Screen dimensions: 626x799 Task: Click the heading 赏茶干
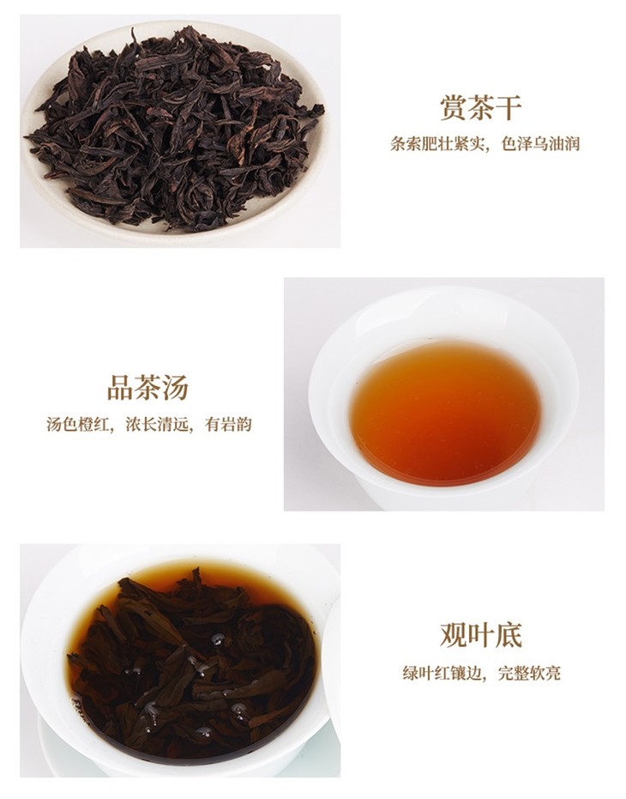(x=481, y=108)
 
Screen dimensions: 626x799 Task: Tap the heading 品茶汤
(x=147, y=387)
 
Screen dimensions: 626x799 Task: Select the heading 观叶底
(x=481, y=635)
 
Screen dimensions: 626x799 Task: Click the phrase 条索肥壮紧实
(x=436, y=144)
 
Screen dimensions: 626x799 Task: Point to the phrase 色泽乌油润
(x=540, y=144)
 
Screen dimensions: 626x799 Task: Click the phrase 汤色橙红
(x=77, y=424)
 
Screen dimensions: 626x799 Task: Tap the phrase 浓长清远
(x=156, y=424)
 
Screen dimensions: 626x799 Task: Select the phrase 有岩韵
(x=228, y=424)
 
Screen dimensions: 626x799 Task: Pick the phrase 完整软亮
(x=529, y=673)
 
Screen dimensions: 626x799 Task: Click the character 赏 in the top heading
(x=454, y=108)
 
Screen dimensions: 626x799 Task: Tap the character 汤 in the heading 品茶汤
(x=176, y=387)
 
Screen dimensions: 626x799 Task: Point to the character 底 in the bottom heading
(x=509, y=635)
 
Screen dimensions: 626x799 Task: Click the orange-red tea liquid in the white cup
(x=445, y=413)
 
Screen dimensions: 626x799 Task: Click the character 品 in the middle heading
(x=120, y=387)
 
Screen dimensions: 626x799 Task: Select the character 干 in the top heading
(x=509, y=108)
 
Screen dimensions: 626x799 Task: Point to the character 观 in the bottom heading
(x=454, y=635)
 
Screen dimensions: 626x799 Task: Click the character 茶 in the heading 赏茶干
(x=481, y=108)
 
